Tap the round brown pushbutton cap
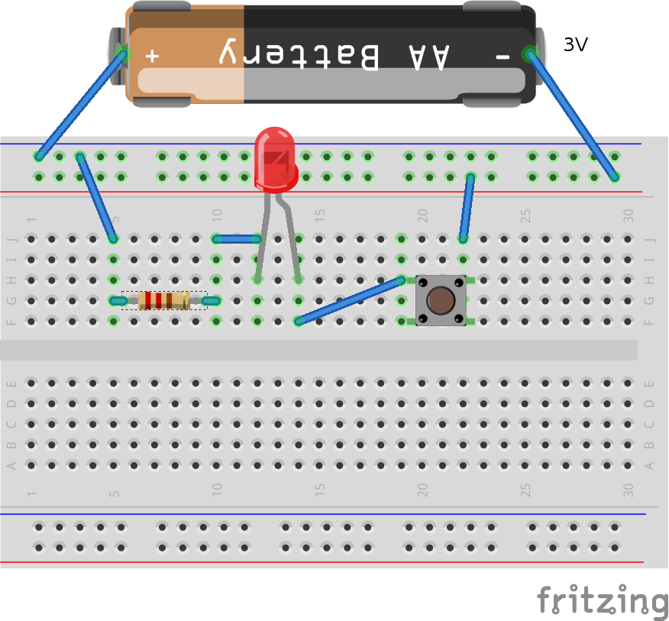441,299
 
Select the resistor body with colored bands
164,300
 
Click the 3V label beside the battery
575,45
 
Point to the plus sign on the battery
153,55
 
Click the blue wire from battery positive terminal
80,105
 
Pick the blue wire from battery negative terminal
571,115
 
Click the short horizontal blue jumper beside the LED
238,239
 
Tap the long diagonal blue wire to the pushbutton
350,300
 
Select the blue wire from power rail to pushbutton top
466,208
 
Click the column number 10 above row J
217,215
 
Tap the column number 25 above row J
525,215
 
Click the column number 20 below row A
422,490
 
